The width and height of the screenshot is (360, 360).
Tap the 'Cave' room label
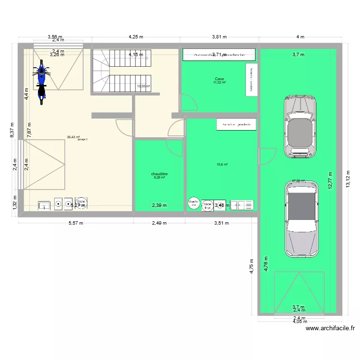click(219, 79)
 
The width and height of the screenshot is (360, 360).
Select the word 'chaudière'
click(159, 174)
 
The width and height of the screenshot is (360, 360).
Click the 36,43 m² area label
click(73, 137)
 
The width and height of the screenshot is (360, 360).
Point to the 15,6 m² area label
click(222, 165)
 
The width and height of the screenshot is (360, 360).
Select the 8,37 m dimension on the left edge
click(13, 129)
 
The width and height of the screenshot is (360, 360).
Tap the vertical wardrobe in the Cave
click(250, 79)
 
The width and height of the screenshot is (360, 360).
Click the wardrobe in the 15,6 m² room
click(236, 125)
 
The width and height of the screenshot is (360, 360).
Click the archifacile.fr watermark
click(330, 329)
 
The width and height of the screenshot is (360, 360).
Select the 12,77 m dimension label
click(330, 181)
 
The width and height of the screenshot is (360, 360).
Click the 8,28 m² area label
click(159, 178)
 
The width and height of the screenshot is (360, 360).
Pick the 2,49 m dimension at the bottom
click(159, 223)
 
